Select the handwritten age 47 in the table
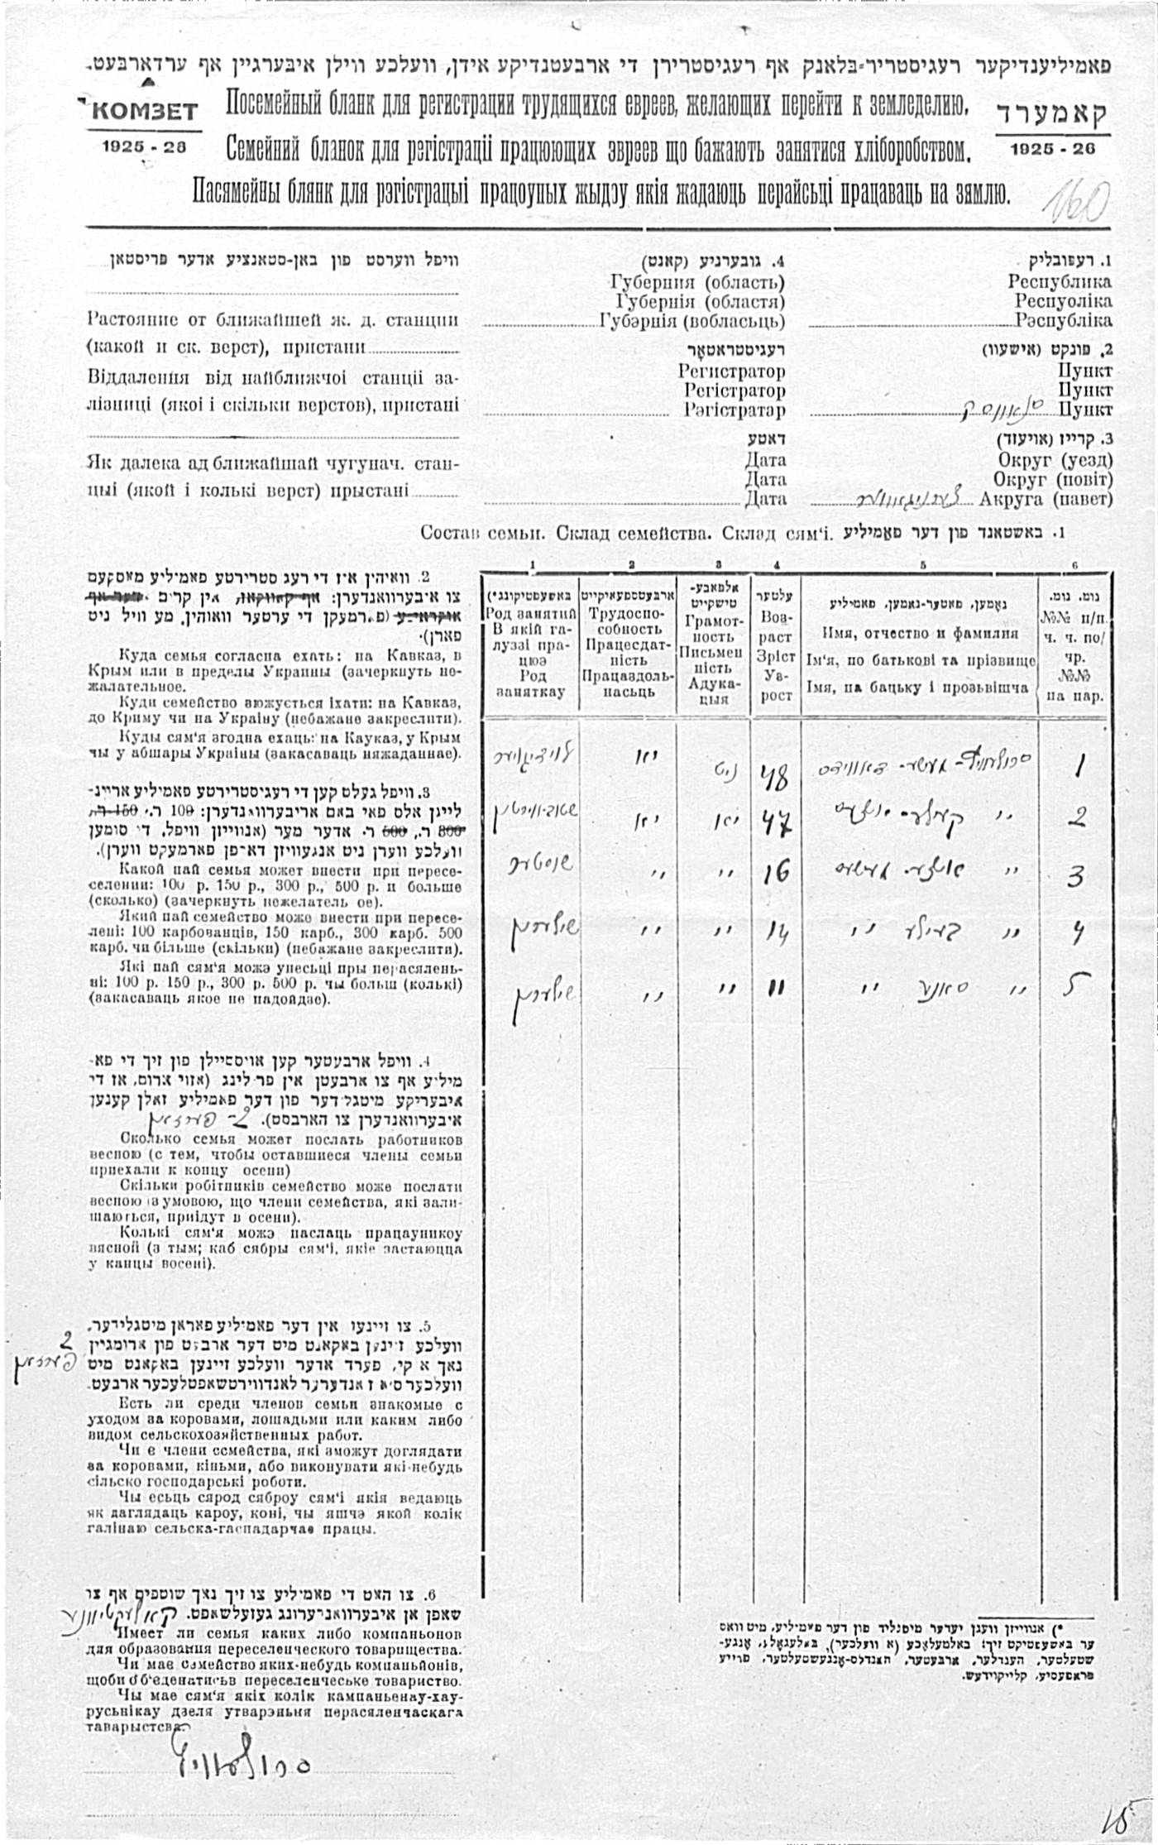[x=776, y=822]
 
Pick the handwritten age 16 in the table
[x=775, y=871]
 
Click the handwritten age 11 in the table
[x=776, y=988]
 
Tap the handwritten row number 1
[x=1078, y=768]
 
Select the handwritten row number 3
[x=1075, y=875]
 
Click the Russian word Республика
[x=1060, y=281]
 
